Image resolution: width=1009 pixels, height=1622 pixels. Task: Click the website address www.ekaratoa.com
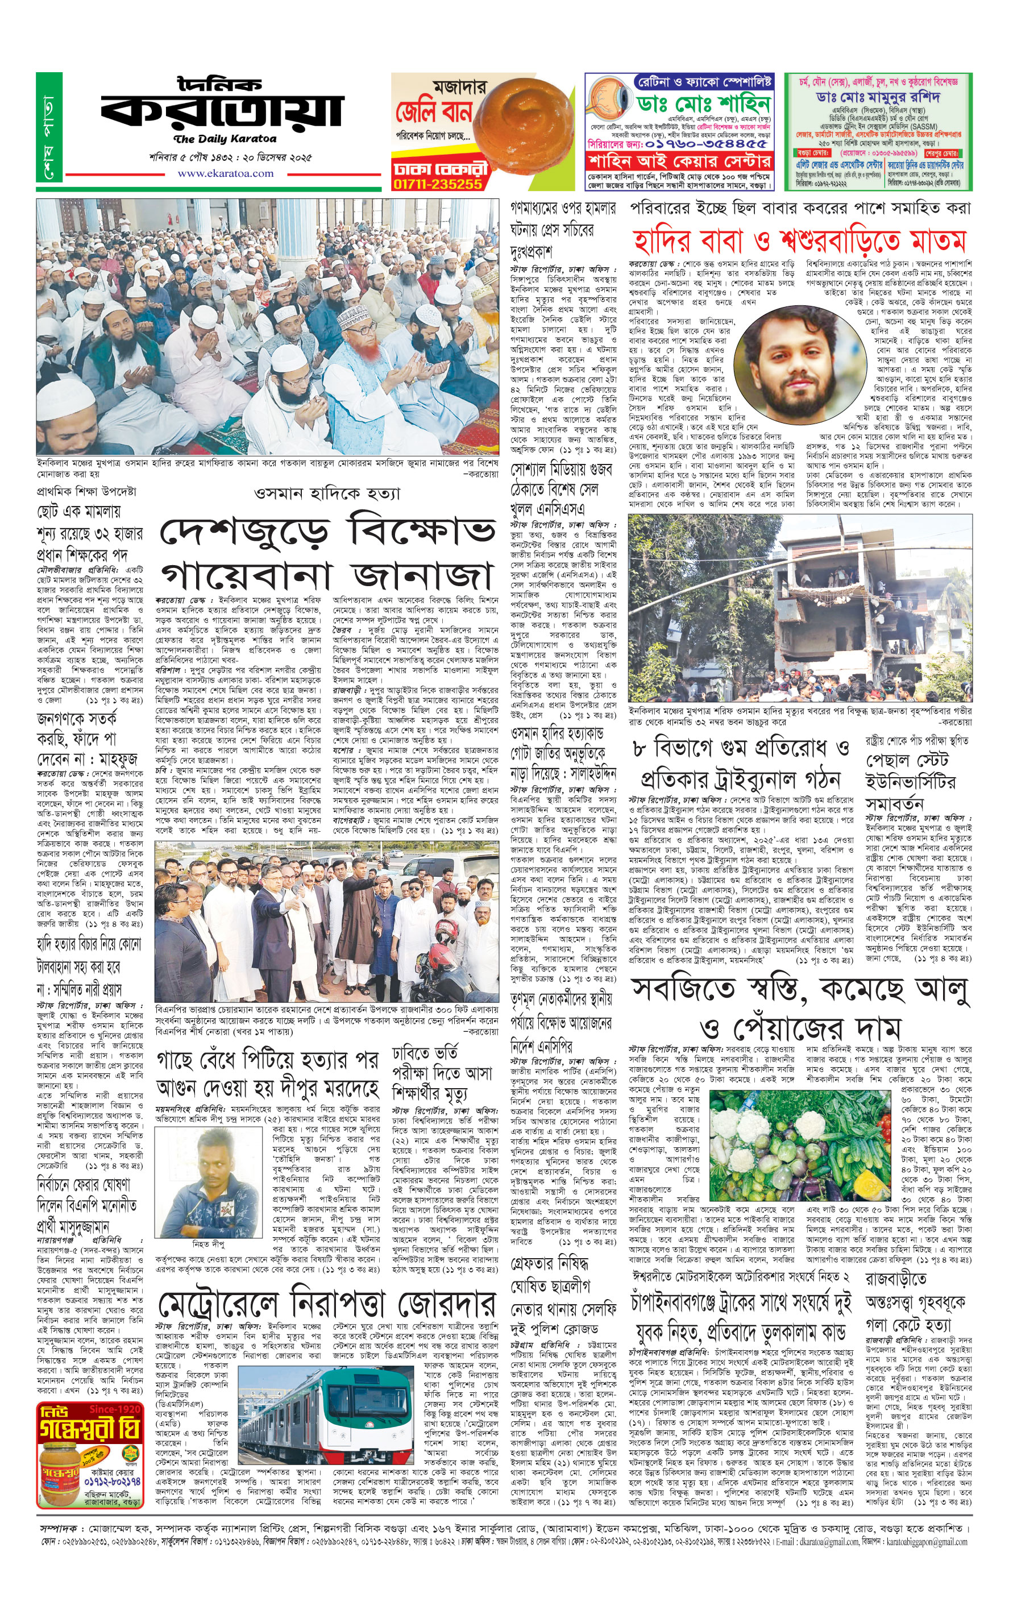225,173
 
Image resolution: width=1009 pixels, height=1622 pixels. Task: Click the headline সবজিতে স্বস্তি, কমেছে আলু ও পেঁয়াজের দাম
799,1007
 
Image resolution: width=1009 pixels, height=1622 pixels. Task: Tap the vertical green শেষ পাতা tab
49,127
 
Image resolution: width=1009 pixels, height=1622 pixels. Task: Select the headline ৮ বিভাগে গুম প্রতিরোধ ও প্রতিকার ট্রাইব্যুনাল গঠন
741,764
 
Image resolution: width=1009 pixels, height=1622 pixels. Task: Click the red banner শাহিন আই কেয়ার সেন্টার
679,161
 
